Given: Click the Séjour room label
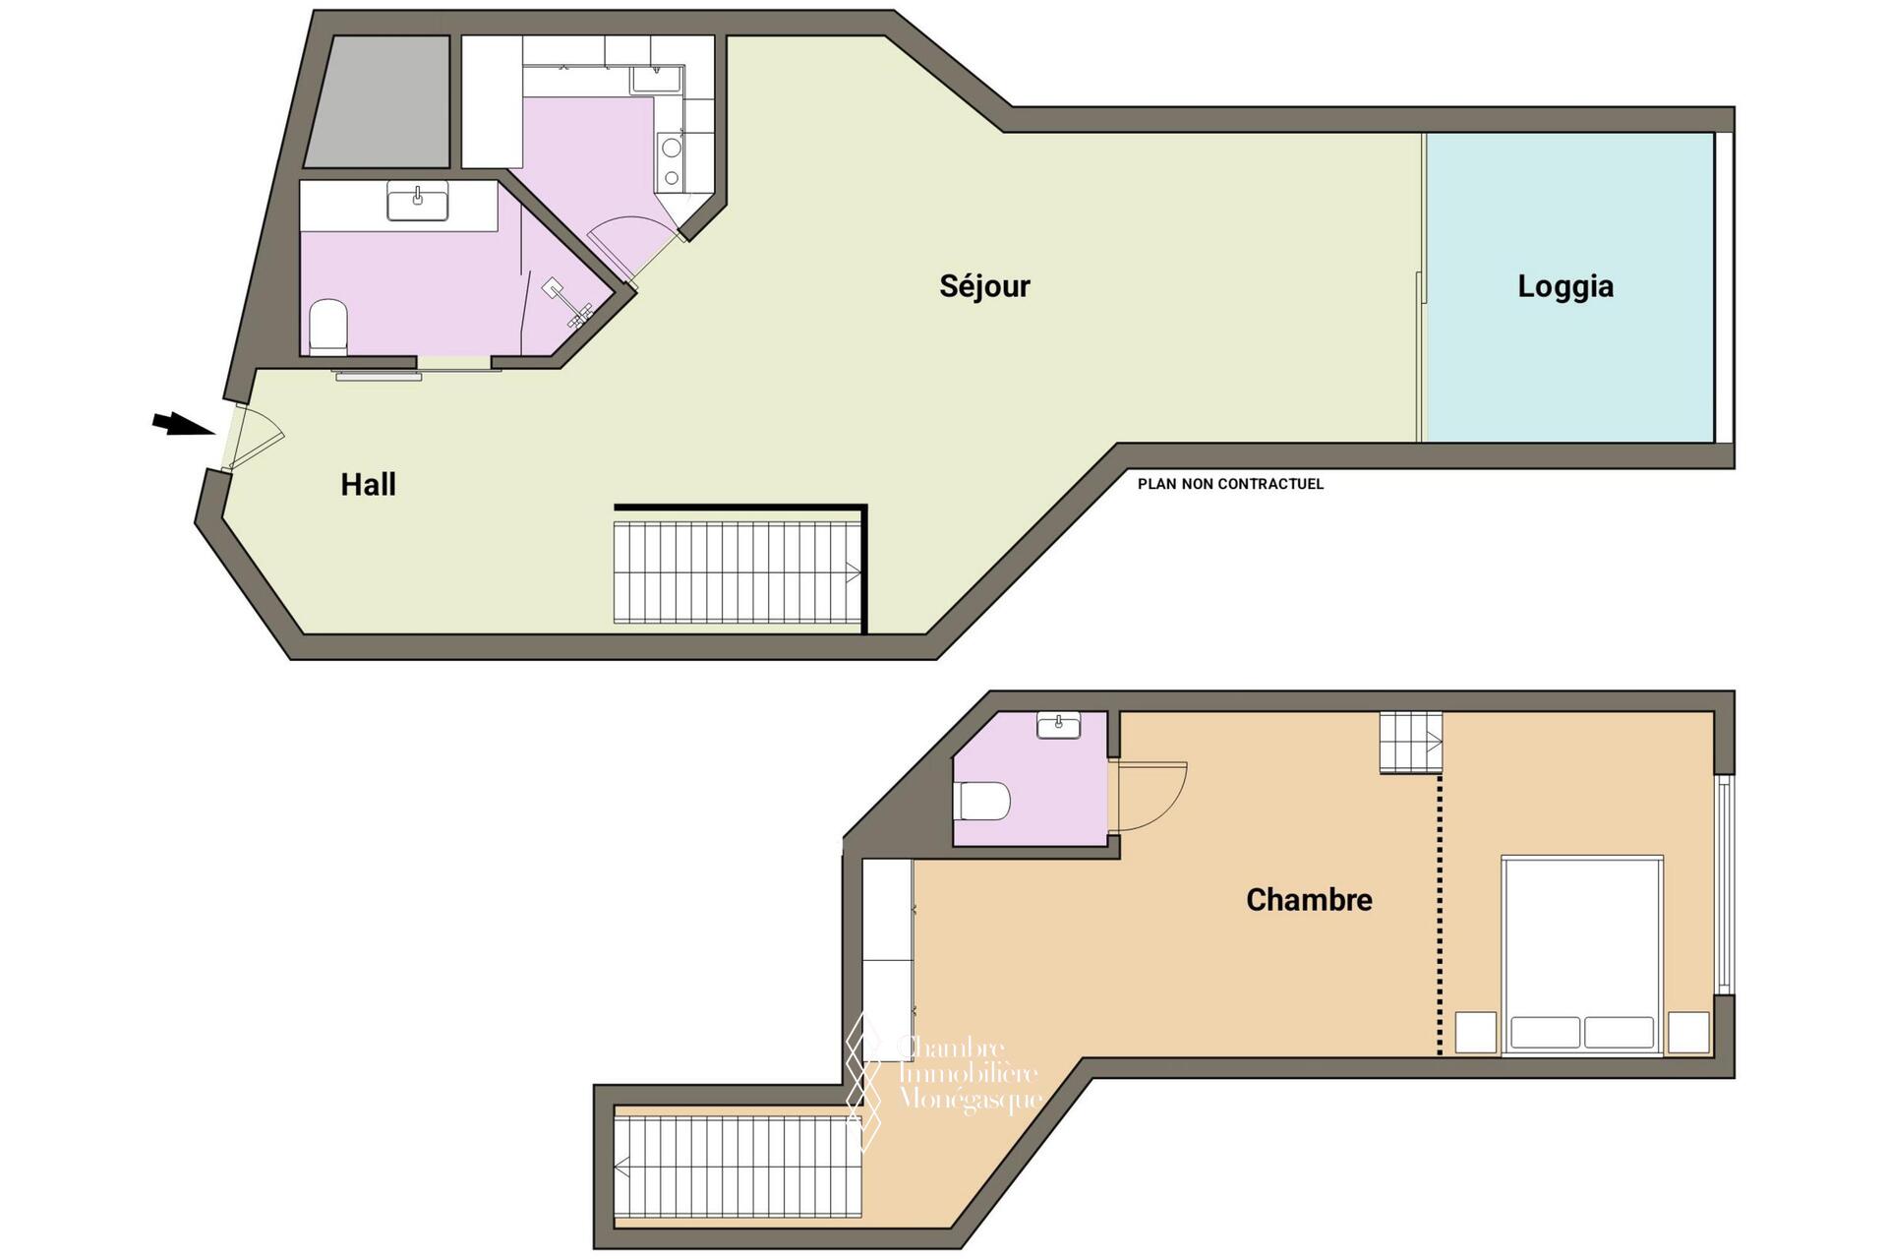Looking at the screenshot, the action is coord(984,286).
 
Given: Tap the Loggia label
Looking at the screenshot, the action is coord(1565,286).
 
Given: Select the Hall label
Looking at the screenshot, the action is coord(368,484).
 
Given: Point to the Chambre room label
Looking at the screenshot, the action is coord(1309,900).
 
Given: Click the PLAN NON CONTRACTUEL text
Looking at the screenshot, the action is coord(1230,484).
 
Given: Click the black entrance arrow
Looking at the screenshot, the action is coord(184,424).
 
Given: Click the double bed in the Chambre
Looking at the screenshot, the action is coord(1582,955).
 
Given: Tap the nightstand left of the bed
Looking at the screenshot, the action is coord(1475,1032).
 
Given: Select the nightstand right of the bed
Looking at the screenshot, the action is coord(1688,1032).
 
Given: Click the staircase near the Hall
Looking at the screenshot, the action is coord(737,572).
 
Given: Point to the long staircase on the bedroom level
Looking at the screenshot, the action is coord(737,1167).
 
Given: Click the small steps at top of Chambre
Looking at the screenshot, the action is coord(1411,742).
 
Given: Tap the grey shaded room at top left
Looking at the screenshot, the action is coord(378,101).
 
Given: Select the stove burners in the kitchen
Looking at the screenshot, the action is coord(672,162).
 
